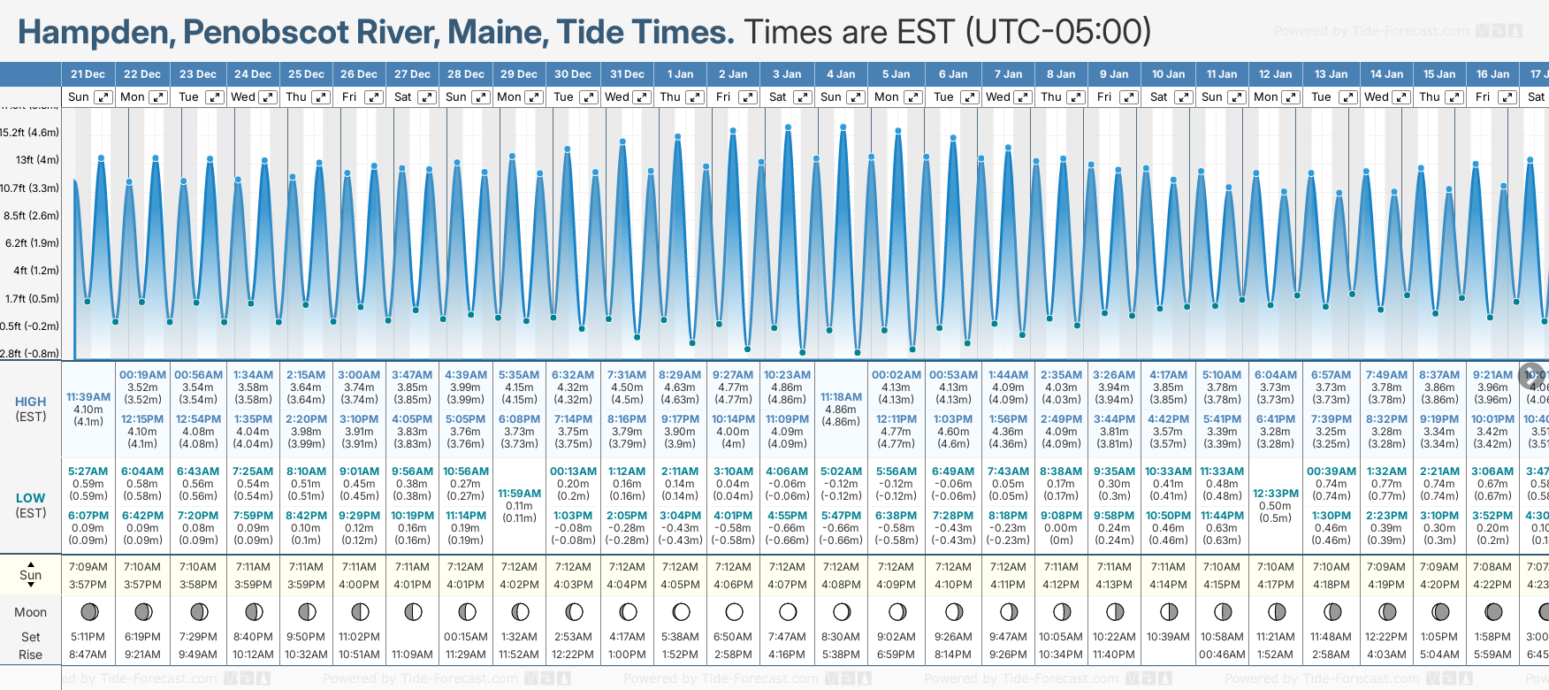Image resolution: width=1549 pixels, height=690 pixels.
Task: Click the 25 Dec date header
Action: click(x=306, y=74)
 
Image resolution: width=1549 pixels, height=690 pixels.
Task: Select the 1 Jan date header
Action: click(x=680, y=74)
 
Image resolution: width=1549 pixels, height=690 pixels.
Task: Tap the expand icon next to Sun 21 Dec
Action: click(x=103, y=97)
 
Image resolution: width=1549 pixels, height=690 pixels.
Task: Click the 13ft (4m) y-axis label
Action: click(x=37, y=160)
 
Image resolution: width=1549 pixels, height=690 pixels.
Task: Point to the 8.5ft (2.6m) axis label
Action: click(x=32, y=216)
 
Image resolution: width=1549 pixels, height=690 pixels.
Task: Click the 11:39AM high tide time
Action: click(x=88, y=397)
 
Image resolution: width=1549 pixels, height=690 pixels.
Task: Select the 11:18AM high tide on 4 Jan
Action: click(x=841, y=397)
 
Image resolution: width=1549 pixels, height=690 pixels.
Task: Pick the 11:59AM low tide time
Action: click(x=519, y=494)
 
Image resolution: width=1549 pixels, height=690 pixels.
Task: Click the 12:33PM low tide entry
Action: click(x=1276, y=494)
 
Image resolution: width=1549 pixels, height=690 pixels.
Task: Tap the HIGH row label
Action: click(x=31, y=402)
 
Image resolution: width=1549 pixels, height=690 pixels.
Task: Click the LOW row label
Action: click(x=30, y=498)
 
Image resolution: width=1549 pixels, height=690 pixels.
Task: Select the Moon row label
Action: click(x=30, y=612)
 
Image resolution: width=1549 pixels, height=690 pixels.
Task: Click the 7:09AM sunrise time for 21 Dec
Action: click(x=88, y=567)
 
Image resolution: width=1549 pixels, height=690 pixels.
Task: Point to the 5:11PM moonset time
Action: click(x=88, y=637)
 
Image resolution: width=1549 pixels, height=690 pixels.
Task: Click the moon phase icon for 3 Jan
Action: click(x=787, y=612)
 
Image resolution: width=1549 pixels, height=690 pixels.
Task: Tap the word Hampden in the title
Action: click(x=95, y=33)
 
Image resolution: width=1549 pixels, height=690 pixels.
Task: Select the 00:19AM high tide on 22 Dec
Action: click(x=142, y=375)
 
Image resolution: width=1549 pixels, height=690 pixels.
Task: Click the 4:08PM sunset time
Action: click(x=841, y=585)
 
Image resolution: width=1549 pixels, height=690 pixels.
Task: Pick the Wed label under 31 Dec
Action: click(x=617, y=97)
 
